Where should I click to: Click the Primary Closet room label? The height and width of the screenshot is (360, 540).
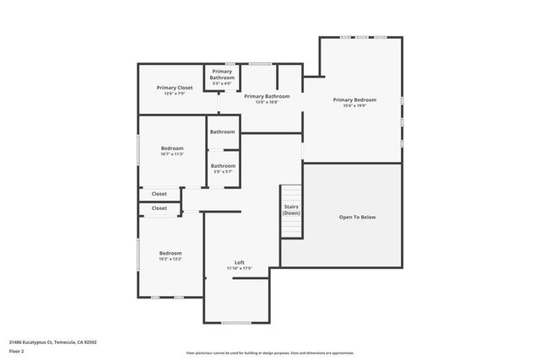(175, 88)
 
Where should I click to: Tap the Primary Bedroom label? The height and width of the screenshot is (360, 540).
(354, 99)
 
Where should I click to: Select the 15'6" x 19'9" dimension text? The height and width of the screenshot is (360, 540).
(354, 106)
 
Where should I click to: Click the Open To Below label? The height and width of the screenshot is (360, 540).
(357, 217)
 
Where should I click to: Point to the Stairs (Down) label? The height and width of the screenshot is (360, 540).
(291, 210)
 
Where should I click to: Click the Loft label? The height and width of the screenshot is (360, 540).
(240, 262)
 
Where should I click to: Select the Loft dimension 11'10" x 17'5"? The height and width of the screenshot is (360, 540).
(240, 268)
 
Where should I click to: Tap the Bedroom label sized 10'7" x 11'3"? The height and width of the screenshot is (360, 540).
(172, 148)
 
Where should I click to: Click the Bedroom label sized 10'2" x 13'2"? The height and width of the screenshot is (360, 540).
(171, 253)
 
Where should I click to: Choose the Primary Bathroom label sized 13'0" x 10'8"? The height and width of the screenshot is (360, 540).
(267, 96)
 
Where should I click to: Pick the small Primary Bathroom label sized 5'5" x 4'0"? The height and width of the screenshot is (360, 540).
(222, 74)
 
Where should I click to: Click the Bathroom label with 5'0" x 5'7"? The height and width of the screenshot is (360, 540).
(223, 165)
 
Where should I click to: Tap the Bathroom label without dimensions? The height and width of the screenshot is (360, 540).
(223, 132)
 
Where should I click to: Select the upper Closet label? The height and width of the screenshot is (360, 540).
(159, 194)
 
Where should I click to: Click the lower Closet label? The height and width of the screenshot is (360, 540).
(159, 207)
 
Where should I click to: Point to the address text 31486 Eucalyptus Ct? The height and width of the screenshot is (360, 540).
(52, 342)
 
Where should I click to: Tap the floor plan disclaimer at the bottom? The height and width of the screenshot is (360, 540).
(270, 353)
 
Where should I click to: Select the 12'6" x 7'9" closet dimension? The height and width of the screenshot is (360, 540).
(175, 94)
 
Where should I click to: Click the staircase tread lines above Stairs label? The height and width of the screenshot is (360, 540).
(291, 193)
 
